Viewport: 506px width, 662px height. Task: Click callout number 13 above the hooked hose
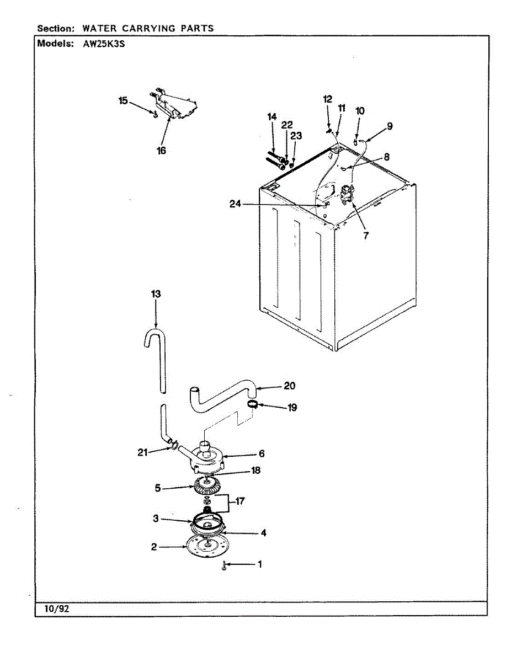coord(156,294)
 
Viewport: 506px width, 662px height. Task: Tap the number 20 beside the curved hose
coord(290,386)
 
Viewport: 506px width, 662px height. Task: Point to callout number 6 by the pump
coord(262,453)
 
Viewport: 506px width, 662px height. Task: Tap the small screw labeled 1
coord(225,565)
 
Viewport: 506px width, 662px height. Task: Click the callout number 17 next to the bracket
coord(240,501)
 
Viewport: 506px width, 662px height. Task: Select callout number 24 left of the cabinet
coord(236,204)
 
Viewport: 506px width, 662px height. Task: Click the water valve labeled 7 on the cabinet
coord(348,194)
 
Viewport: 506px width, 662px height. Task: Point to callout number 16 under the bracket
coord(162,150)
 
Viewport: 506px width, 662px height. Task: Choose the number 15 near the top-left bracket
coord(123,100)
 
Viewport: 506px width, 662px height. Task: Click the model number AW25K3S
coord(103,45)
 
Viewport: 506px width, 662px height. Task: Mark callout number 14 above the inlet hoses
coord(271,116)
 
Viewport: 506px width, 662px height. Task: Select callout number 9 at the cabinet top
coord(390,126)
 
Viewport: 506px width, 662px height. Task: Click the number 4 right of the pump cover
coord(264,533)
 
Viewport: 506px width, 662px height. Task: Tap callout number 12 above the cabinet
coord(328,99)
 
